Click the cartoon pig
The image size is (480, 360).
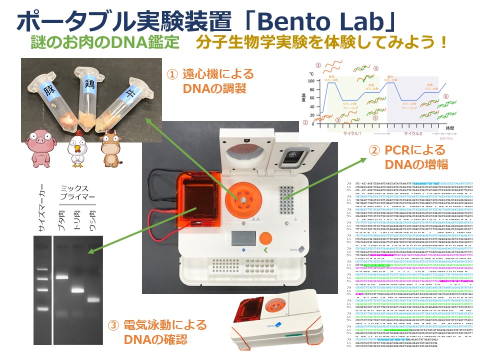pyautogui.click(x=38, y=145)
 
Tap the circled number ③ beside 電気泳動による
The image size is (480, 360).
pyautogui.click(x=114, y=326)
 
